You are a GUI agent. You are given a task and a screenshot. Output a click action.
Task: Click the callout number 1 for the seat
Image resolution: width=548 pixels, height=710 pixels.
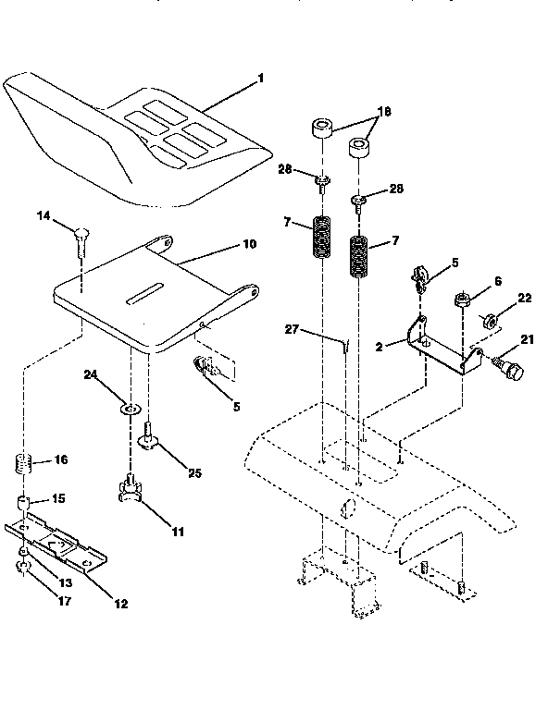coord(261,79)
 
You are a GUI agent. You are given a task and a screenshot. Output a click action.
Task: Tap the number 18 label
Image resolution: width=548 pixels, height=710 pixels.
coord(384,110)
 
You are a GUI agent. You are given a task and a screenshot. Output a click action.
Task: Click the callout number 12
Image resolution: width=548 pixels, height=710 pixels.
coord(121,605)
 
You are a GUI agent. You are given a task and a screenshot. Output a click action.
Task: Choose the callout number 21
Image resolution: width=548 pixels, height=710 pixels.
coord(527,341)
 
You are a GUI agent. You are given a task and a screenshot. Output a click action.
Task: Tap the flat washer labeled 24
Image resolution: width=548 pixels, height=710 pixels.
coord(131,407)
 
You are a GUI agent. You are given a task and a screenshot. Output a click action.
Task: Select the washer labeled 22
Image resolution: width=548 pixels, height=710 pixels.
coord(490,321)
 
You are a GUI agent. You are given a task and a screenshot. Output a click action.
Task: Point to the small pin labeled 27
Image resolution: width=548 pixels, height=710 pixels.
coord(343,344)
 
